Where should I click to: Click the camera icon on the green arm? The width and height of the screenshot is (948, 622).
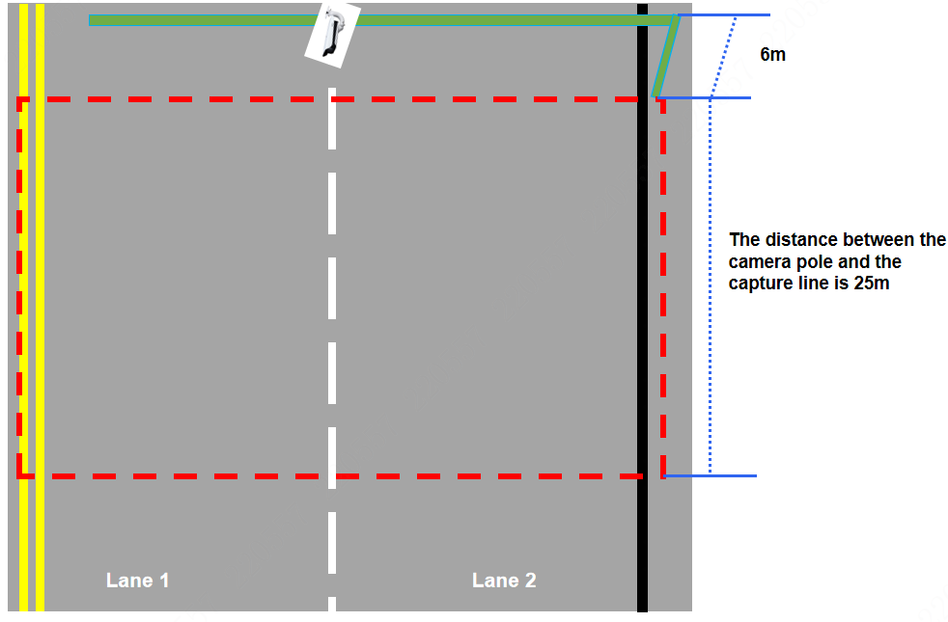332,33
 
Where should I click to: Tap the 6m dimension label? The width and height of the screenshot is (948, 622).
772,55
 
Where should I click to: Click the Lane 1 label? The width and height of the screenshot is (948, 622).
137,581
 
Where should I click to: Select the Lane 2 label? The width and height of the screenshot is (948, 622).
504,581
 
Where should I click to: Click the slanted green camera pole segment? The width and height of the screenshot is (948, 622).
666,56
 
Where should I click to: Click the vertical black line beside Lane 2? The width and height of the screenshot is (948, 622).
642,289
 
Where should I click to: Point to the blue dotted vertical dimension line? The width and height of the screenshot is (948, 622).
710,289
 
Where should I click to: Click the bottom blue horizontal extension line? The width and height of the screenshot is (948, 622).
711,475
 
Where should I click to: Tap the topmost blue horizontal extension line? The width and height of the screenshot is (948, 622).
724,15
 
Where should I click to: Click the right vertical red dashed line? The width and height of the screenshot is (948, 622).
663,289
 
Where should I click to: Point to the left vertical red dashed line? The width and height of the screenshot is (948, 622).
19,289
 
